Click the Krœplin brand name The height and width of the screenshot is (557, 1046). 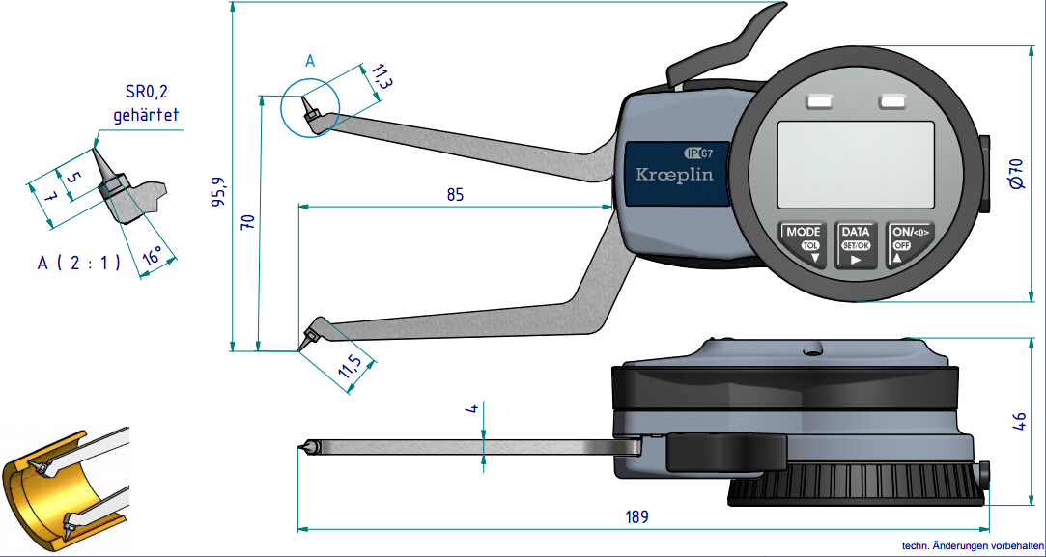(x=674, y=175)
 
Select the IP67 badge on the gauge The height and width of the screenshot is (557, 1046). (x=698, y=153)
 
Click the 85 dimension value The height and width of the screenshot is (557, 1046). (x=455, y=194)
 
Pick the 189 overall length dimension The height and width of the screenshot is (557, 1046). (x=636, y=516)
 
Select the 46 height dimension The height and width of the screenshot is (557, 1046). (x=1017, y=421)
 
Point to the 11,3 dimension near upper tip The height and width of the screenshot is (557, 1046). (x=378, y=77)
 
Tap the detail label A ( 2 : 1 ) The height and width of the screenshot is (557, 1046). (x=79, y=263)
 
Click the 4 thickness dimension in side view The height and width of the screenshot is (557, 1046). (x=472, y=409)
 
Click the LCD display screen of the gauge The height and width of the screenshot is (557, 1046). (x=856, y=165)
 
